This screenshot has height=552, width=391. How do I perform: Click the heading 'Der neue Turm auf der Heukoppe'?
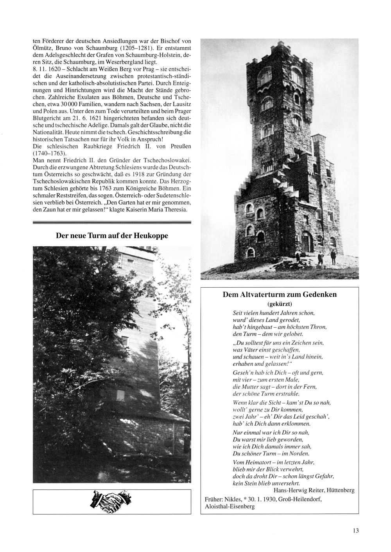click(x=112, y=236)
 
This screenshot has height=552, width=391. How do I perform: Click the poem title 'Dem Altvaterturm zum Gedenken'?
click(x=280, y=295)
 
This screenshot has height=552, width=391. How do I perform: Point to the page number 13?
click(x=355, y=530)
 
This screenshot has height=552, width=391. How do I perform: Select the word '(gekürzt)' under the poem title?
click(x=280, y=304)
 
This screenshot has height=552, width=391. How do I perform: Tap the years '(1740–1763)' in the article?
click(x=50, y=153)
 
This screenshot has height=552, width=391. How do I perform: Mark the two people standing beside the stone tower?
click(x=327, y=257)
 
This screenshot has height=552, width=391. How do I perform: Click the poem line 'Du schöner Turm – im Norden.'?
click(x=271, y=453)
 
